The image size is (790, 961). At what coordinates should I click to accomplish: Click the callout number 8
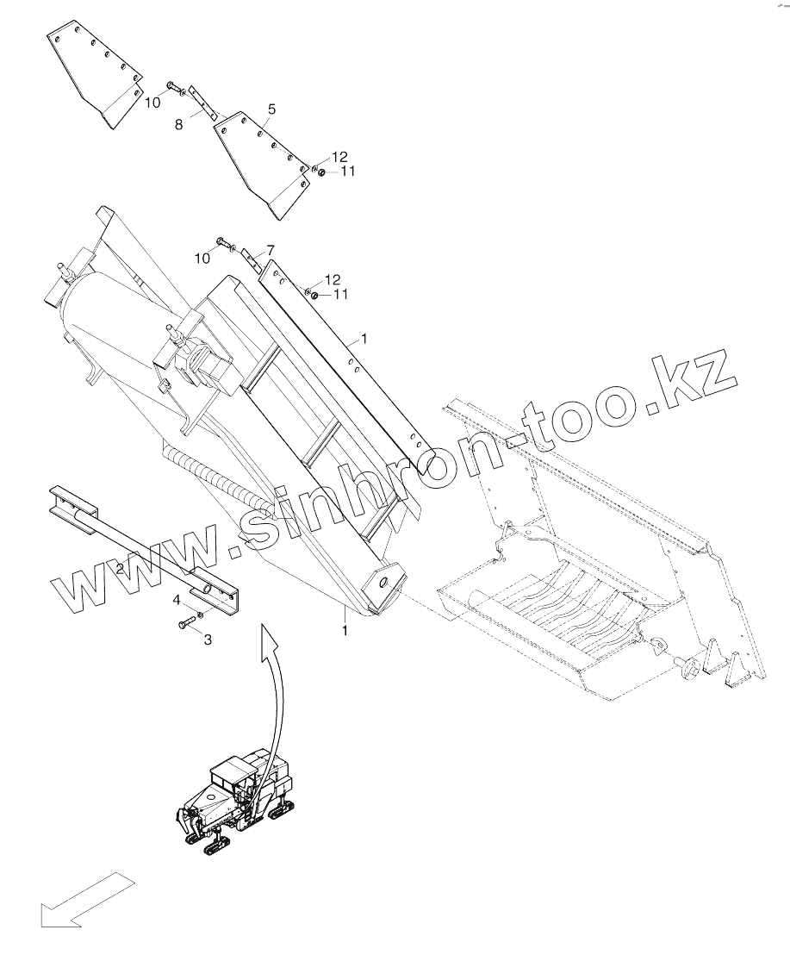(179, 124)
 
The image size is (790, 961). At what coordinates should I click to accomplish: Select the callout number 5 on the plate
(271, 109)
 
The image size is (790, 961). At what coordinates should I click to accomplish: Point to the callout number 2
(121, 569)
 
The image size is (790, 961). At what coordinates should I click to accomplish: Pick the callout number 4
(176, 599)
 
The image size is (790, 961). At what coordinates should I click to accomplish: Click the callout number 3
(206, 639)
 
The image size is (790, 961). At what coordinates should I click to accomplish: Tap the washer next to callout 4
(199, 614)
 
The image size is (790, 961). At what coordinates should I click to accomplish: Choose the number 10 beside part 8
(152, 102)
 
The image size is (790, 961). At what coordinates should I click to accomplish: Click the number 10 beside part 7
(202, 258)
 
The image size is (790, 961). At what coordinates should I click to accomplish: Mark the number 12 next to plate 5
(339, 156)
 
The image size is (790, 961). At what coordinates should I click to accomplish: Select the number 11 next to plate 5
(347, 172)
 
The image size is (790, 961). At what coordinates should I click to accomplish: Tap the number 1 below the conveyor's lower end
(345, 631)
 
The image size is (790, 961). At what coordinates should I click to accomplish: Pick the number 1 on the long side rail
(364, 340)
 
